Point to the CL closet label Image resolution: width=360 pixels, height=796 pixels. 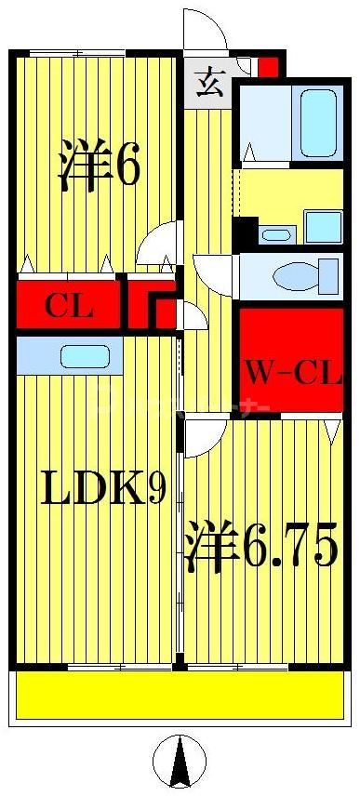(70, 305)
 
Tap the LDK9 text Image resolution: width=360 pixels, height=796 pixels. (102, 486)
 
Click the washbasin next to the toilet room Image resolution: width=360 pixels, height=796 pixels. (275, 233)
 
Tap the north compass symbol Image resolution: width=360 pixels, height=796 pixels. (179, 761)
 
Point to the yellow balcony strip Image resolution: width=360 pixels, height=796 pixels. (180, 696)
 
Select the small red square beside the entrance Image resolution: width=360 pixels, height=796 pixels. (267, 68)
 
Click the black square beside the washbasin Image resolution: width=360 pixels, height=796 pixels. (245, 231)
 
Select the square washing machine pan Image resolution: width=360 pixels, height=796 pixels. (323, 226)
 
